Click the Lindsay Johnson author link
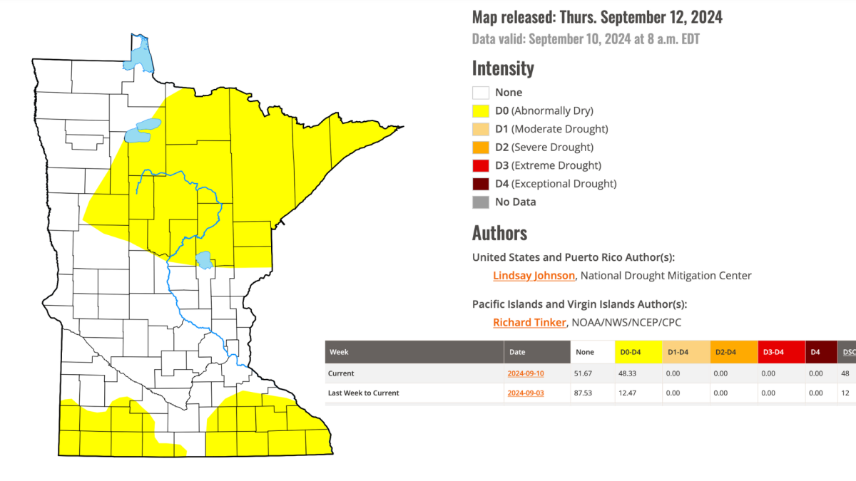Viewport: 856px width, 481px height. click(x=534, y=276)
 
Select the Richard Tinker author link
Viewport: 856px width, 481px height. click(x=529, y=323)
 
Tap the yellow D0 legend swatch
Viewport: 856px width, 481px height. click(x=480, y=111)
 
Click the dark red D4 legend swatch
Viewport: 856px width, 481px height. click(x=480, y=184)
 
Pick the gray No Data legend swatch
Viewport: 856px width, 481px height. click(x=480, y=202)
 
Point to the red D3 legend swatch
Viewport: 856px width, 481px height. click(x=480, y=166)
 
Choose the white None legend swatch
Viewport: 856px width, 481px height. click(x=480, y=93)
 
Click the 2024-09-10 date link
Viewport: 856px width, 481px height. click(x=526, y=373)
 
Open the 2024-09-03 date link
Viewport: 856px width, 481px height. click(x=526, y=393)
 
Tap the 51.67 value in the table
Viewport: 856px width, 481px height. click(x=585, y=373)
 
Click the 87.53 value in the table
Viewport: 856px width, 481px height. click(x=585, y=393)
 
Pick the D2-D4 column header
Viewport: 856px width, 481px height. click(x=727, y=352)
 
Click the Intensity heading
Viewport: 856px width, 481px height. click(x=503, y=68)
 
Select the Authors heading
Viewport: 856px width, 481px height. click(x=499, y=233)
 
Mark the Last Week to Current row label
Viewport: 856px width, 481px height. click(x=363, y=393)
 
